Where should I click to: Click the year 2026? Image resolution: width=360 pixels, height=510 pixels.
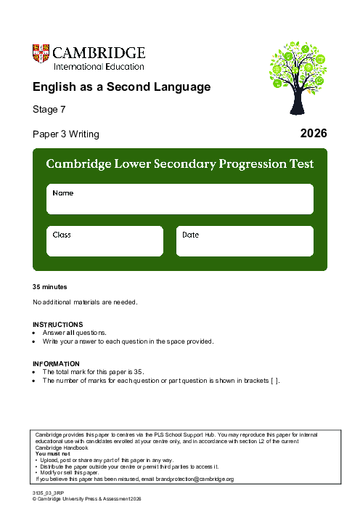[x=314, y=133]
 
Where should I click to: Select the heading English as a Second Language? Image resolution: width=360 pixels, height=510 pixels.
[x=121, y=87]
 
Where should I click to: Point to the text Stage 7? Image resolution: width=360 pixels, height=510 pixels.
[x=49, y=110]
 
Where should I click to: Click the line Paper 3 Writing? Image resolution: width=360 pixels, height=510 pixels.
[x=66, y=134]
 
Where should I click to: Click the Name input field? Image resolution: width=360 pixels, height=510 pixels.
[x=180, y=199]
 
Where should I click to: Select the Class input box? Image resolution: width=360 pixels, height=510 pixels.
[x=105, y=241]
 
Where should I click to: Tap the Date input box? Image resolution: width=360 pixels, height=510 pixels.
[x=245, y=241]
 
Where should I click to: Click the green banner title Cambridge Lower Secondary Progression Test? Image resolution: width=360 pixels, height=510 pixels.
[x=180, y=164]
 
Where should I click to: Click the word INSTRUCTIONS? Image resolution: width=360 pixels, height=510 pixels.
[x=58, y=324]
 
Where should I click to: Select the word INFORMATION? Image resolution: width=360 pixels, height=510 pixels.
[x=57, y=363]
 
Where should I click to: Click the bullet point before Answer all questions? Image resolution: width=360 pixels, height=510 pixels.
[x=35, y=332]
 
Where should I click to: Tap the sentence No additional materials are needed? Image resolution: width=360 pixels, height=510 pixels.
[x=85, y=301]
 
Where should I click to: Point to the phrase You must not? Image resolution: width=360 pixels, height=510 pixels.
[x=51, y=453]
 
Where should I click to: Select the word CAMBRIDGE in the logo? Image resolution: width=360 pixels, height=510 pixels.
[x=99, y=53]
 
